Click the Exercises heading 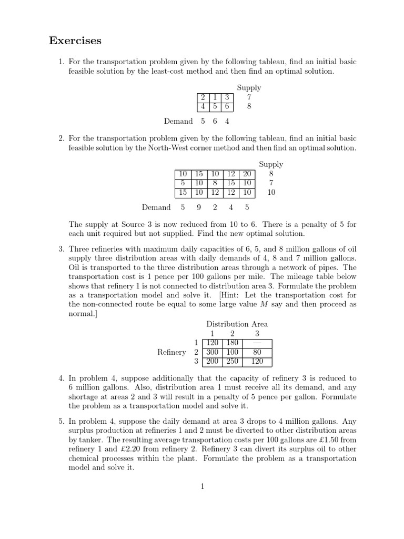pos(75,41)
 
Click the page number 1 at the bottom pos(201,486)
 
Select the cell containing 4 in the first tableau pos(202,106)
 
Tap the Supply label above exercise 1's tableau pos(249,88)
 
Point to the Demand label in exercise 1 pos(178,122)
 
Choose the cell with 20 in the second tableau pos(247,174)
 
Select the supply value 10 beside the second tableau pos(271,192)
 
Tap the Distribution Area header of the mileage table pos(237,324)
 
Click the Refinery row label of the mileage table pos(171,352)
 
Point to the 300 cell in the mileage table pos(213,352)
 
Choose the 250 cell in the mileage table pos(233,362)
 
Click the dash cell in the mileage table pos(257,343)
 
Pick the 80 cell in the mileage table pos(257,352)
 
